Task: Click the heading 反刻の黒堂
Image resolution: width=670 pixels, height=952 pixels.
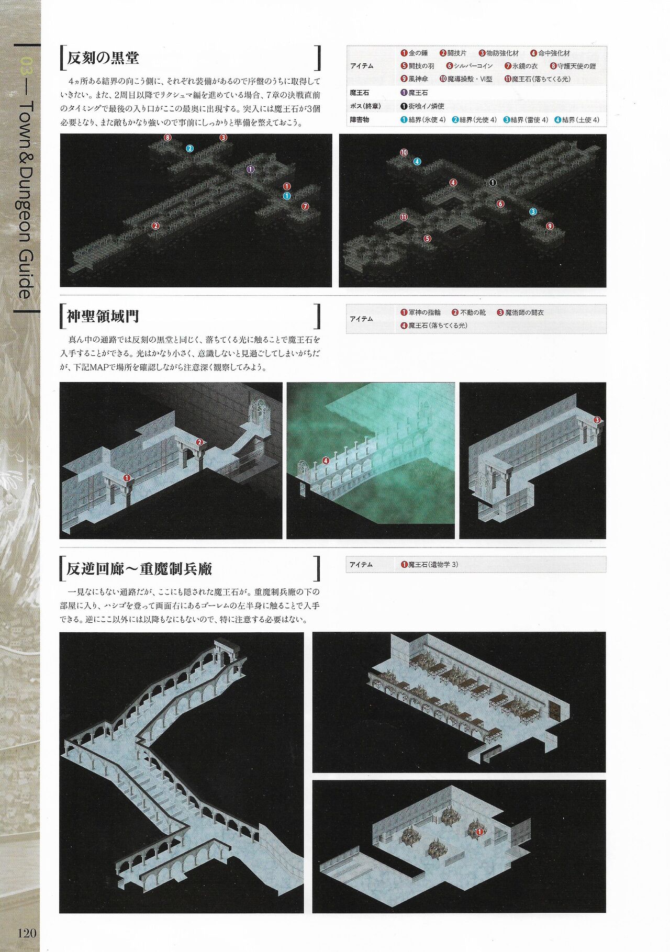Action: [103, 58]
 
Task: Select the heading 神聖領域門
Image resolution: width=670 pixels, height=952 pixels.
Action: [103, 316]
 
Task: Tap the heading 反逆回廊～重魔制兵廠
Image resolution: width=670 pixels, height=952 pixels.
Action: [139, 568]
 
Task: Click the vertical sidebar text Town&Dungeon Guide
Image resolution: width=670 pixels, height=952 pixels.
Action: [25, 199]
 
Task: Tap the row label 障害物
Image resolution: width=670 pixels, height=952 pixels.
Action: [360, 120]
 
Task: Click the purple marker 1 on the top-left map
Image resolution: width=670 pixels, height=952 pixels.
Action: [251, 169]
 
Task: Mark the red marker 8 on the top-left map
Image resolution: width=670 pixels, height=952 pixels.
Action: [167, 138]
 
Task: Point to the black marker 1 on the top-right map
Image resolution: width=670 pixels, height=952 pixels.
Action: [492, 182]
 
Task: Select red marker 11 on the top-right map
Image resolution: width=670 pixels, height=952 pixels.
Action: [404, 217]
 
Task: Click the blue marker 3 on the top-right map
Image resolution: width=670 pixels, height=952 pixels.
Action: [533, 211]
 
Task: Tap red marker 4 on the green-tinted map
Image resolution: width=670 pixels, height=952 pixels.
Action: [326, 461]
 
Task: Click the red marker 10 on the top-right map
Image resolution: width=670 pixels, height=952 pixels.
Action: [404, 152]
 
